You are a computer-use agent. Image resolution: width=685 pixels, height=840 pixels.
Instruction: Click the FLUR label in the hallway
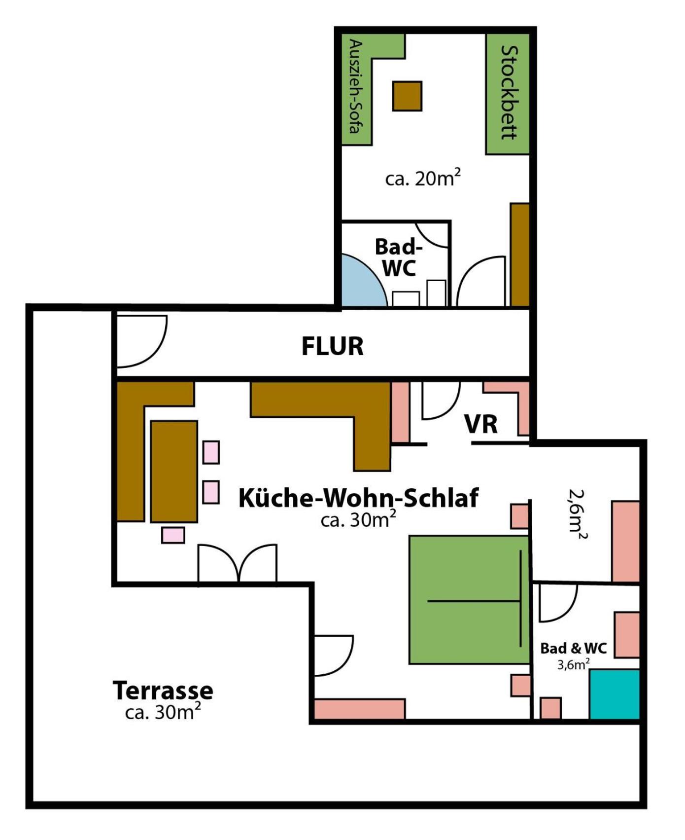coord(333,346)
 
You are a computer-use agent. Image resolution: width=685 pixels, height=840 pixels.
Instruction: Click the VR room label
coord(481,424)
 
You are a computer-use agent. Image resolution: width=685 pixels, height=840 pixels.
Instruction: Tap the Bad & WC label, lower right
coord(573,648)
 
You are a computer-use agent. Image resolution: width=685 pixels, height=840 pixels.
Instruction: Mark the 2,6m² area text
coord(578,514)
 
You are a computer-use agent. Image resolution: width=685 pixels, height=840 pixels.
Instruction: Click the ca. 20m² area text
coord(423,178)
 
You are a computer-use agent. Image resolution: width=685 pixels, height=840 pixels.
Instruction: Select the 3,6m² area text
coord(574,664)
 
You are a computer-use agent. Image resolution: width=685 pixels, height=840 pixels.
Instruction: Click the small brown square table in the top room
coord(408,96)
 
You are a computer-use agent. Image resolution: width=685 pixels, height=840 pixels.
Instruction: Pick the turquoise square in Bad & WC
coord(615,694)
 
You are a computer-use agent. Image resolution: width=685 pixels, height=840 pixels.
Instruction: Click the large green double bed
coord(469,600)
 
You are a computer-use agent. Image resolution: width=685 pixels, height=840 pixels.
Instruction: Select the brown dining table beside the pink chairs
coord(174,472)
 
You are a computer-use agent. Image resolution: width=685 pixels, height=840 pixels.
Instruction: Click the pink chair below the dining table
coord(173,535)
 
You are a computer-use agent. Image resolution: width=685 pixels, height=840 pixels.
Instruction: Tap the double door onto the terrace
coord(238,563)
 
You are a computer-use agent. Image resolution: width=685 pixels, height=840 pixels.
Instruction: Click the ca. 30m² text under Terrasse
coord(163,712)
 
